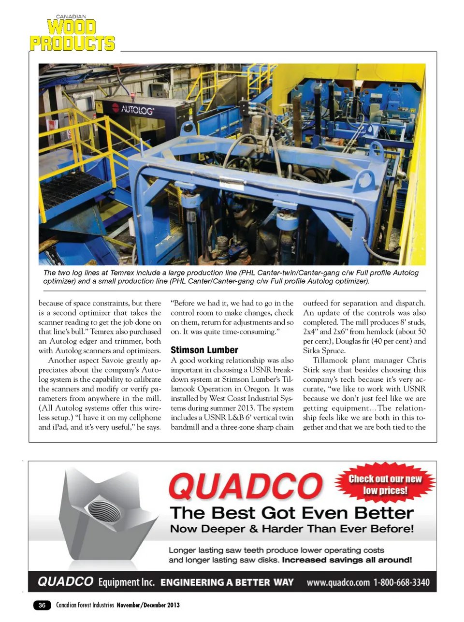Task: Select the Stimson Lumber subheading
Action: [204, 350]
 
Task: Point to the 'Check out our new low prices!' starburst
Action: [385, 485]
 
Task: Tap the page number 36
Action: [42, 605]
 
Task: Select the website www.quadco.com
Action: [338, 582]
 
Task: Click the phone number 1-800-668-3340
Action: [401, 582]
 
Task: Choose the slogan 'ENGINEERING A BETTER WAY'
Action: [227, 582]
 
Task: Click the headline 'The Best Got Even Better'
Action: [291, 513]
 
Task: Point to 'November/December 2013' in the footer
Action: [148, 605]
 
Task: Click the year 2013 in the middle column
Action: [246, 408]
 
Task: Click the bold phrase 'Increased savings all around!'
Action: [347, 560]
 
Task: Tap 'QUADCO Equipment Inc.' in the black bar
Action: [96, 582]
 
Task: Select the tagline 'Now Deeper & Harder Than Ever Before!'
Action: [291, 529]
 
